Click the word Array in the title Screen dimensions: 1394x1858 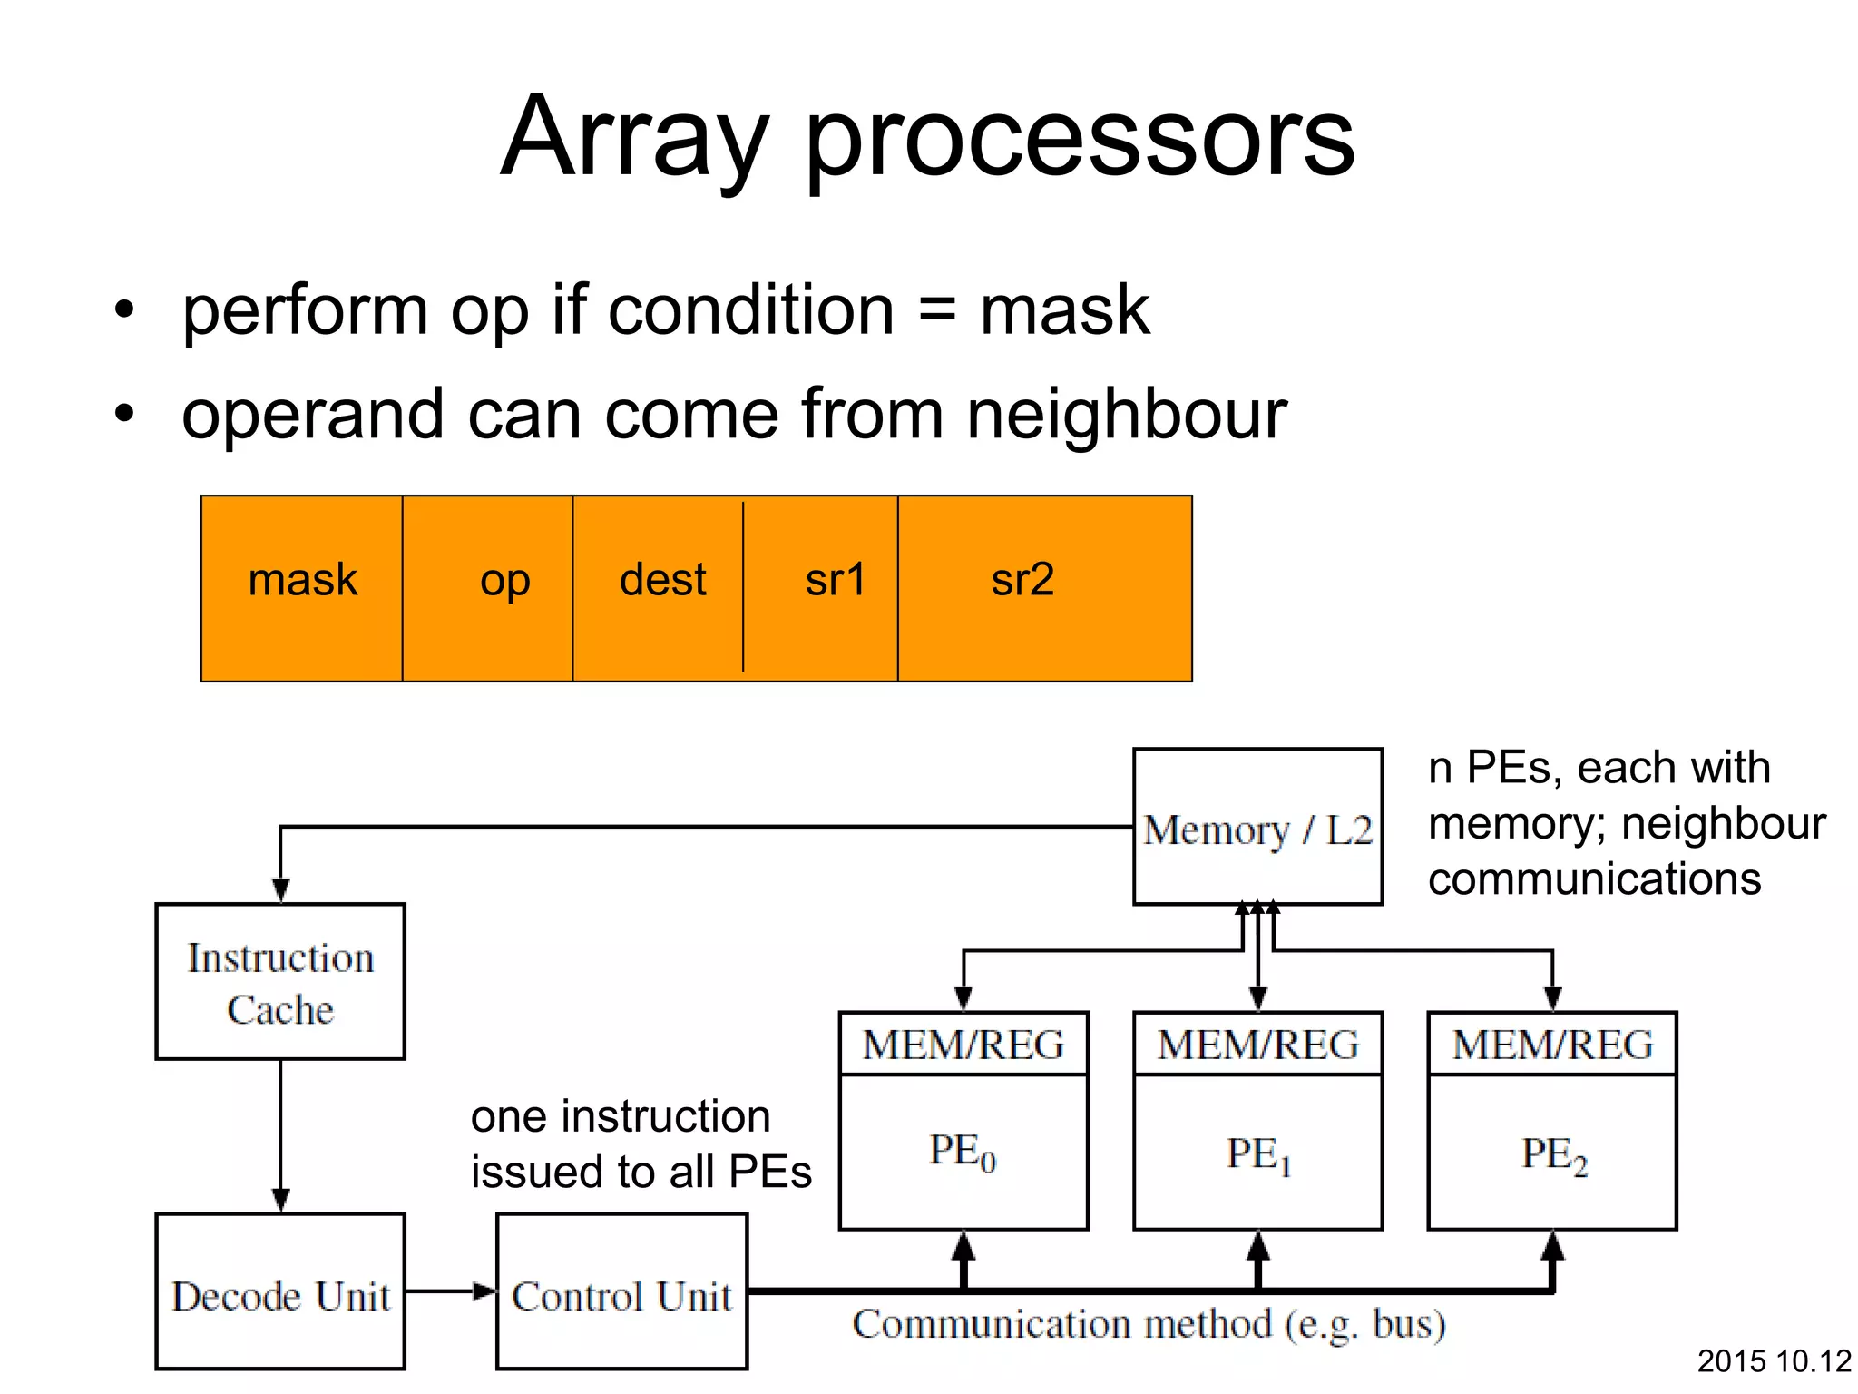635,138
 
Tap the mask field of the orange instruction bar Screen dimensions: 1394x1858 302,581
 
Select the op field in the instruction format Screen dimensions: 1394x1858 504,581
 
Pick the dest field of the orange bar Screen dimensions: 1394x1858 662,581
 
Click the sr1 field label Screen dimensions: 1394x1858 835,581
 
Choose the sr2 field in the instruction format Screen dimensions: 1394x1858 1022,581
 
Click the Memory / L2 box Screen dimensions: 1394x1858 1257,828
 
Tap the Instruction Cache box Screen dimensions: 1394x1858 280,982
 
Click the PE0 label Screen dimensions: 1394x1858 962,1153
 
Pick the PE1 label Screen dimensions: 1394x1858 1257,1154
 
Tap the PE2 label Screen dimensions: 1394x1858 1553,1154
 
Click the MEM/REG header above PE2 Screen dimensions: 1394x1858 1553,1045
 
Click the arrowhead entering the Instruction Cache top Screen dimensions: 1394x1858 280,890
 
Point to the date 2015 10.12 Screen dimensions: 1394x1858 1774,1361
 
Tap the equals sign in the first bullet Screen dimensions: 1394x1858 937,310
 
